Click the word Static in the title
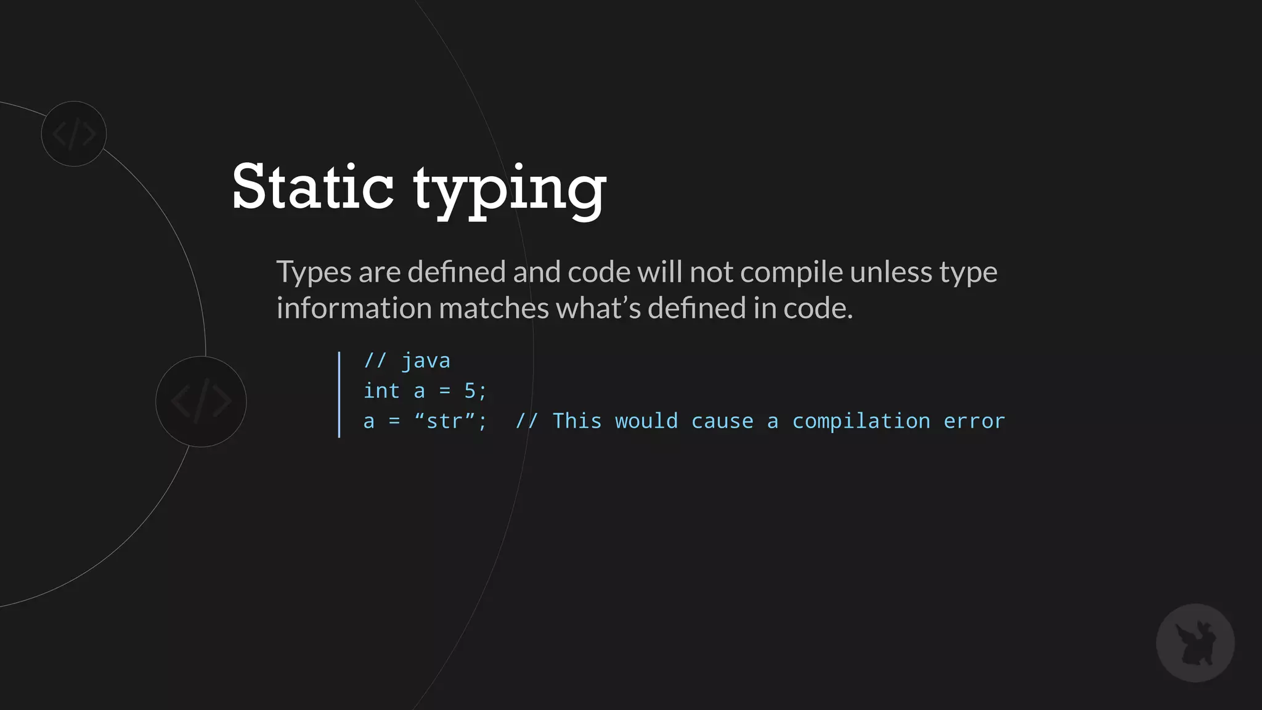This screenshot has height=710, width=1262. click(312, 186)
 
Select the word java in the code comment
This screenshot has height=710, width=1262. click(426, 361)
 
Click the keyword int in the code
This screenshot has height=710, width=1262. click(381, 391)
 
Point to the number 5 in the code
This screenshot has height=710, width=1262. click(470, 391)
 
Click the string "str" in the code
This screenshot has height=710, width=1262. click(444, 422)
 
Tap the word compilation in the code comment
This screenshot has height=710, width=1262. click(861, 422)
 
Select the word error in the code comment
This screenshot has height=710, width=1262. click(974, 422)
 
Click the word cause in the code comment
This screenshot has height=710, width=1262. click(722, 422)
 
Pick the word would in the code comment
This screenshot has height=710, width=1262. click(646, 422)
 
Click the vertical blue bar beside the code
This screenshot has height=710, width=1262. click(339, 394)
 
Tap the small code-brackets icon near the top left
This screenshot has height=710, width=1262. click(74, 134)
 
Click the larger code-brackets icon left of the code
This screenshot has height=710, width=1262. click(201, 401)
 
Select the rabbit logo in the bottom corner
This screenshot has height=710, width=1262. click(1195, 643)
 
